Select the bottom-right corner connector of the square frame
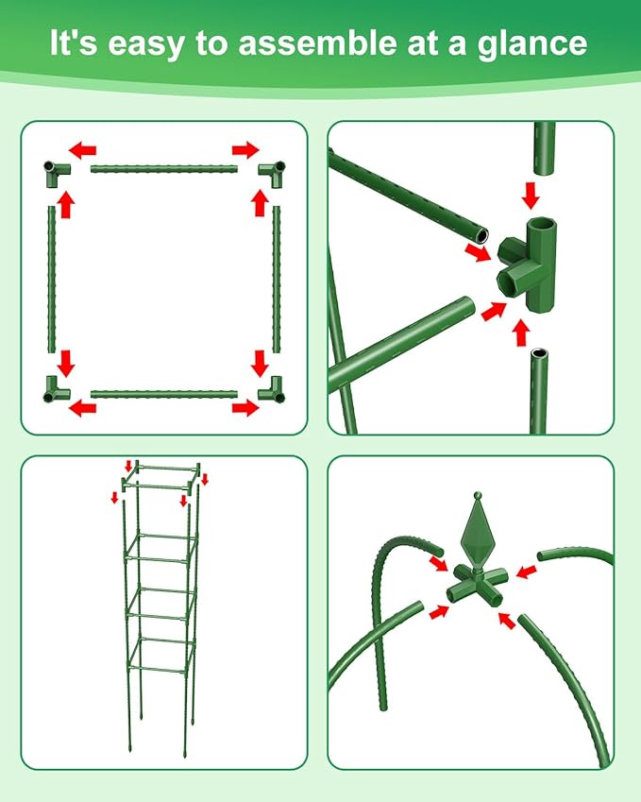click(x=272, y=387)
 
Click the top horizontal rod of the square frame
click(x=164, y=169)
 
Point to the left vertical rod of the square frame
click(x=51, y=280)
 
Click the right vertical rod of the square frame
click(x=277, y=280)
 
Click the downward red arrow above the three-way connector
click(x=531, y=196)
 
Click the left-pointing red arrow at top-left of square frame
click(x=83, y=149)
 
